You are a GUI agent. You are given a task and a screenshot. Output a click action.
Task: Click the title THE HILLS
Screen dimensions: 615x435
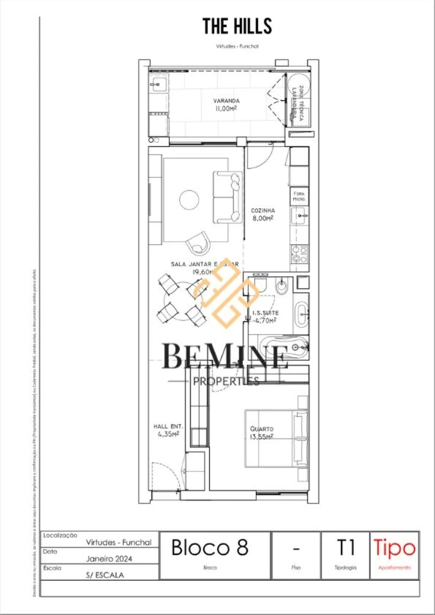(237, 26)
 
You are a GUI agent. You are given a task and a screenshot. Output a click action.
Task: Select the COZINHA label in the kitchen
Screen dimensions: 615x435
(263, 214)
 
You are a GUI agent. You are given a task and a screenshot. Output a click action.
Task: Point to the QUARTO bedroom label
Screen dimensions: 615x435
(261, 432)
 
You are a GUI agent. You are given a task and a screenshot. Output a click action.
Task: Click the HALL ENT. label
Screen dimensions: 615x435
(168, 430)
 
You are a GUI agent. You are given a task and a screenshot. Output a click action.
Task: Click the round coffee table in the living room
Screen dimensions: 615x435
(189, 199)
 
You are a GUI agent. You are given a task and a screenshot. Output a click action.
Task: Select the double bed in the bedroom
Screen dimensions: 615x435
(275, 439)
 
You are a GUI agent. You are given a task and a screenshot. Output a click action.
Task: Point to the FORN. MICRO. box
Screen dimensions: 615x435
(299, 196)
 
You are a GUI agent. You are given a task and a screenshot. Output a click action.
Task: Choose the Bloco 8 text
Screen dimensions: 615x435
(210, 547)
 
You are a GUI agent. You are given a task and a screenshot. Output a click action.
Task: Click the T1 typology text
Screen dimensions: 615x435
(345, 547)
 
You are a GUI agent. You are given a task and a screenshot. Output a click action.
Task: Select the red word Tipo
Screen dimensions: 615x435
(394, 548)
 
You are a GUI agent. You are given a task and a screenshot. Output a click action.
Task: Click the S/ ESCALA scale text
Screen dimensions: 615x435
(105, 575)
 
